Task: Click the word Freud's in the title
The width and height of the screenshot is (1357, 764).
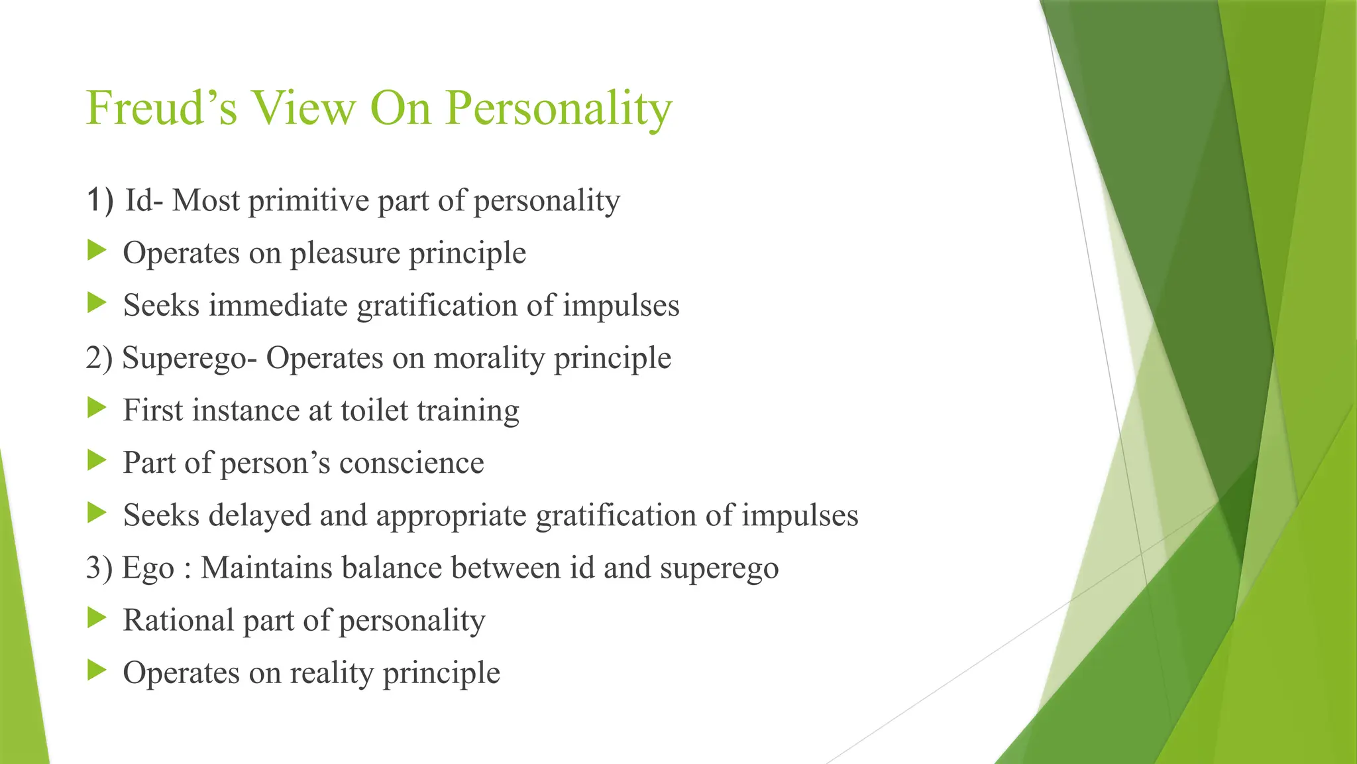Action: [x=161, y=108]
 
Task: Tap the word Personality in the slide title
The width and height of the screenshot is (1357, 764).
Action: [x=559, y=108]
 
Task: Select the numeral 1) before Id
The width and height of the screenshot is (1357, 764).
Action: [x=100, y=200]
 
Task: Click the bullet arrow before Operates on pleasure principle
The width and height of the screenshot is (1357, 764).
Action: [x=97, y=251]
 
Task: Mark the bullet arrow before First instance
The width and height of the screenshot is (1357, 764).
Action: [x=97, y=409]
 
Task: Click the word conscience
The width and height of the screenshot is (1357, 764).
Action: [x=411, y=463]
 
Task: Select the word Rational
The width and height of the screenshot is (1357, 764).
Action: [x=178, y=621]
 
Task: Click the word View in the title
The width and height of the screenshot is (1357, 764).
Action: [x=303, y=108]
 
